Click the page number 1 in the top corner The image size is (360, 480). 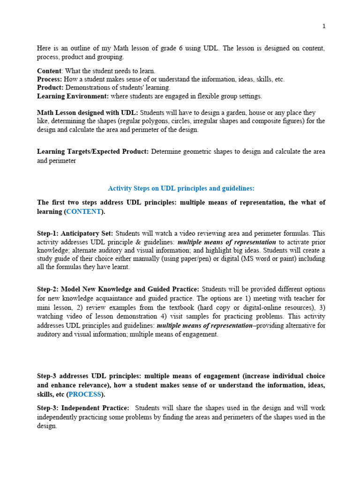[x=323, y=26]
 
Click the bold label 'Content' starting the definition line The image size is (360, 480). [x=49, y=71]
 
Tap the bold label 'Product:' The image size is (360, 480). [x=50, y=88]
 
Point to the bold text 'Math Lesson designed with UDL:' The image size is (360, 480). [x=87, y=113]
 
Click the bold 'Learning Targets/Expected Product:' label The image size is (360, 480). [x=93, y=151]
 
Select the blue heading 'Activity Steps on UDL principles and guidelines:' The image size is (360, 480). [x=181, y=188]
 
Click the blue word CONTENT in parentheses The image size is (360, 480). [x=83, y=211]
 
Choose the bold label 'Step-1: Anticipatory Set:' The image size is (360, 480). [x=75, y=233]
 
